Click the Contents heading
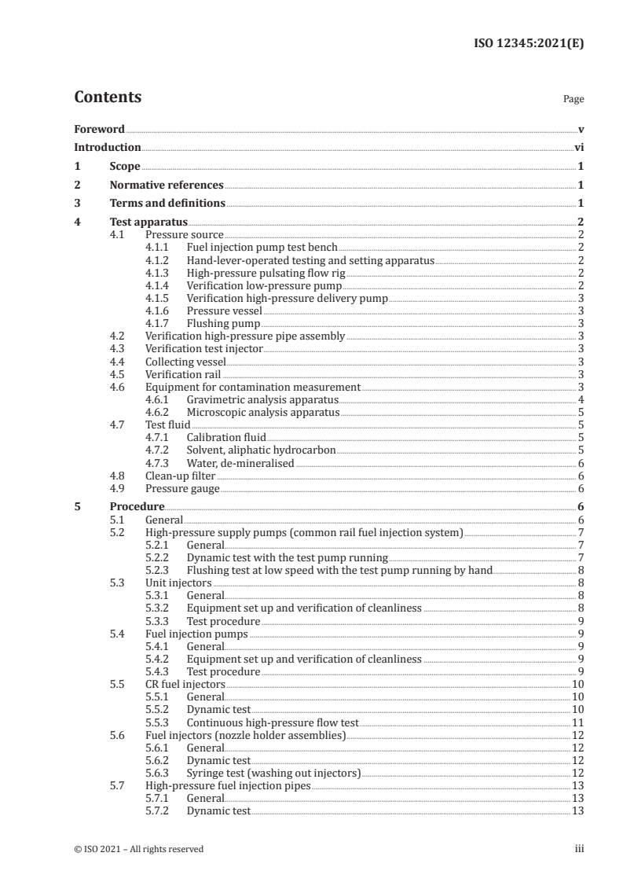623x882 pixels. pos(108,97)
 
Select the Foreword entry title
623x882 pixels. pos(99,129)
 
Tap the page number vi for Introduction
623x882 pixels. pos(578,147)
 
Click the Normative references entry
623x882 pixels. pos(167,186)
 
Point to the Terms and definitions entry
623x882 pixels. pos(167,204)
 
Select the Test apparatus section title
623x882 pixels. pos(148,222)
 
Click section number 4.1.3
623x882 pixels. pos(159,273)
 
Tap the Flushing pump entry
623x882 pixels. pos(223,323)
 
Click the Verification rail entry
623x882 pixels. pos(183,374)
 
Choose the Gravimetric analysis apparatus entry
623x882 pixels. pos(262,399)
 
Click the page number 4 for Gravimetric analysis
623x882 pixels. pos(580,399)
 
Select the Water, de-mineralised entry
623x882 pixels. pos(240,463)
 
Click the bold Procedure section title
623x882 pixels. pos(137,507)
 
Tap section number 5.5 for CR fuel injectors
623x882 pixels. pos(117,685)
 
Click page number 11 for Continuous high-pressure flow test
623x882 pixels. pos(577,722)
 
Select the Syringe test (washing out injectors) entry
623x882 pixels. pos(273,774)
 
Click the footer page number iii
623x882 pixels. pos(579,849)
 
